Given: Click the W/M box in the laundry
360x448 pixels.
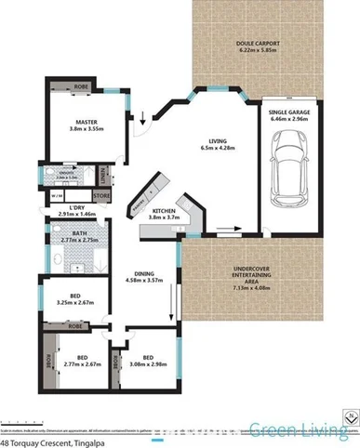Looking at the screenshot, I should [x=57, y=196].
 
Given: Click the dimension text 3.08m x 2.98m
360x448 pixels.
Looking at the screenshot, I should [x=146, y=363].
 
